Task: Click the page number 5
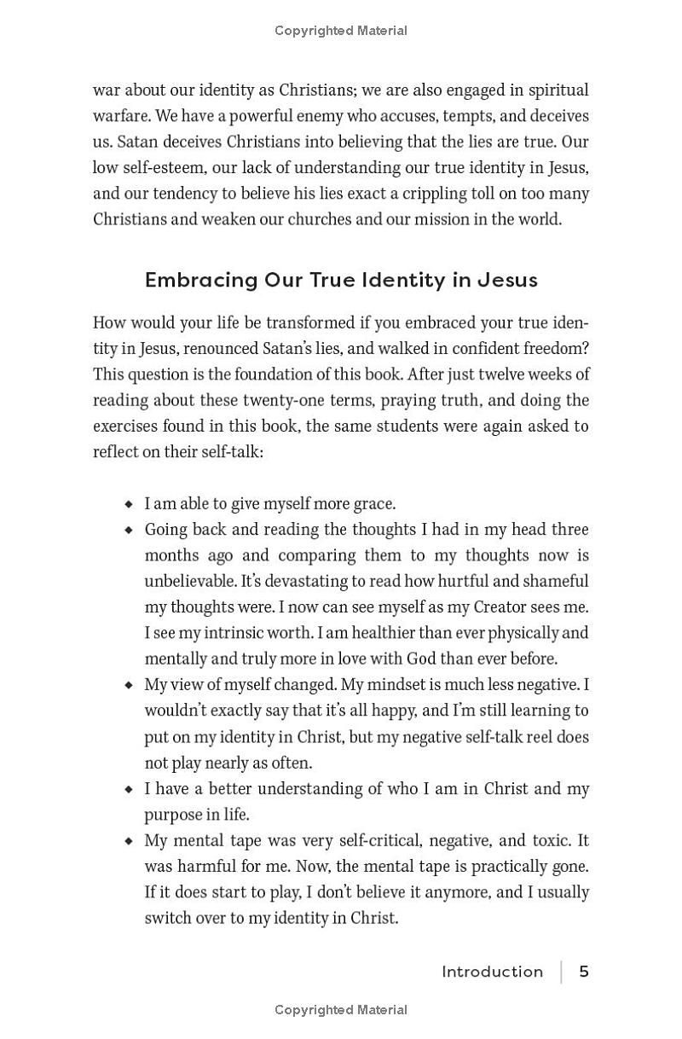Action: (x=584, y=972)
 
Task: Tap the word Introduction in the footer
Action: (x=492, y=972)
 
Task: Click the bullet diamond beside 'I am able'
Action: (x=129, y=504)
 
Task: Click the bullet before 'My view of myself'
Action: (x=129, y=685)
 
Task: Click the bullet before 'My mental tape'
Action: (x=129, y=841)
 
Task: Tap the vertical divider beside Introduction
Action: (x=561, y=972)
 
